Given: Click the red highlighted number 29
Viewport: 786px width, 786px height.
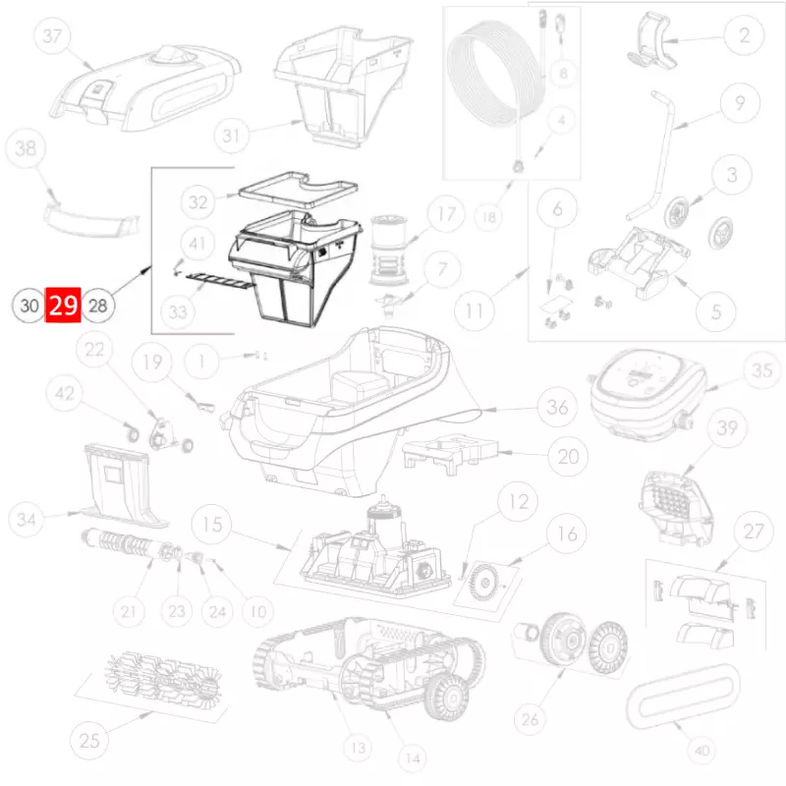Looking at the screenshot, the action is (63, 305).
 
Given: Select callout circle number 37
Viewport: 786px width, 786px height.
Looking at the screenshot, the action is (52, 35).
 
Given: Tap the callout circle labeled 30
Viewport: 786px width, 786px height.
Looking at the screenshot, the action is (28, 306).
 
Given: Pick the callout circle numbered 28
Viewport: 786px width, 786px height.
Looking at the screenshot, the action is (97, 306).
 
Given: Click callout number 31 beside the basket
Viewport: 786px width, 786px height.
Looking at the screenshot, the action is (231, 136).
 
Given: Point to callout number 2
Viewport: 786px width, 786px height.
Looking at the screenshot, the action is (744, 35).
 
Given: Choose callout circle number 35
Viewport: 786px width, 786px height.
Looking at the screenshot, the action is (762, 370).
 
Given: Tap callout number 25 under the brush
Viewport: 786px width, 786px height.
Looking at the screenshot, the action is (89, 741).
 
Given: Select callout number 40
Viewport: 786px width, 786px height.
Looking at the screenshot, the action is (702, 751).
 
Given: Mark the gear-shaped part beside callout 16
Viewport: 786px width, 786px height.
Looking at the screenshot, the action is (485, 583).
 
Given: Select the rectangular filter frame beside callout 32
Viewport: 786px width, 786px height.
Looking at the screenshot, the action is (299, 190).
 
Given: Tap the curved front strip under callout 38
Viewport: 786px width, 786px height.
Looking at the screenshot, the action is (90, 220).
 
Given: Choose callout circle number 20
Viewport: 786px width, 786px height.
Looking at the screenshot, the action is (569, 456).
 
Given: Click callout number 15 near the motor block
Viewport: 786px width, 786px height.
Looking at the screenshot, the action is (212, 525).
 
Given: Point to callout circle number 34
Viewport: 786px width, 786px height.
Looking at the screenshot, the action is (27, 520).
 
